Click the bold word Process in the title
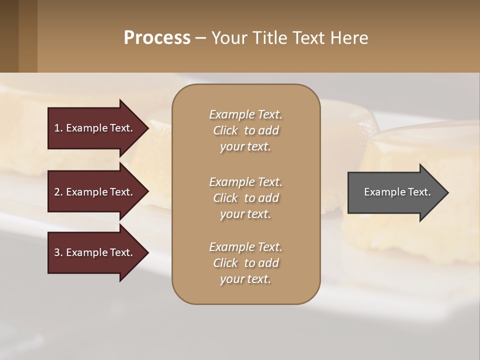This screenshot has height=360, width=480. point(157,38)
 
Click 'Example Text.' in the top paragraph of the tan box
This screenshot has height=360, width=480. point(245,114)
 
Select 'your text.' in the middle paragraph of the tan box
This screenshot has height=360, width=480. point(245,214)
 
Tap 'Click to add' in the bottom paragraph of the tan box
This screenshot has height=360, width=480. point(245,263)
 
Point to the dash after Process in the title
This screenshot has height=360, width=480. point(200,38)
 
